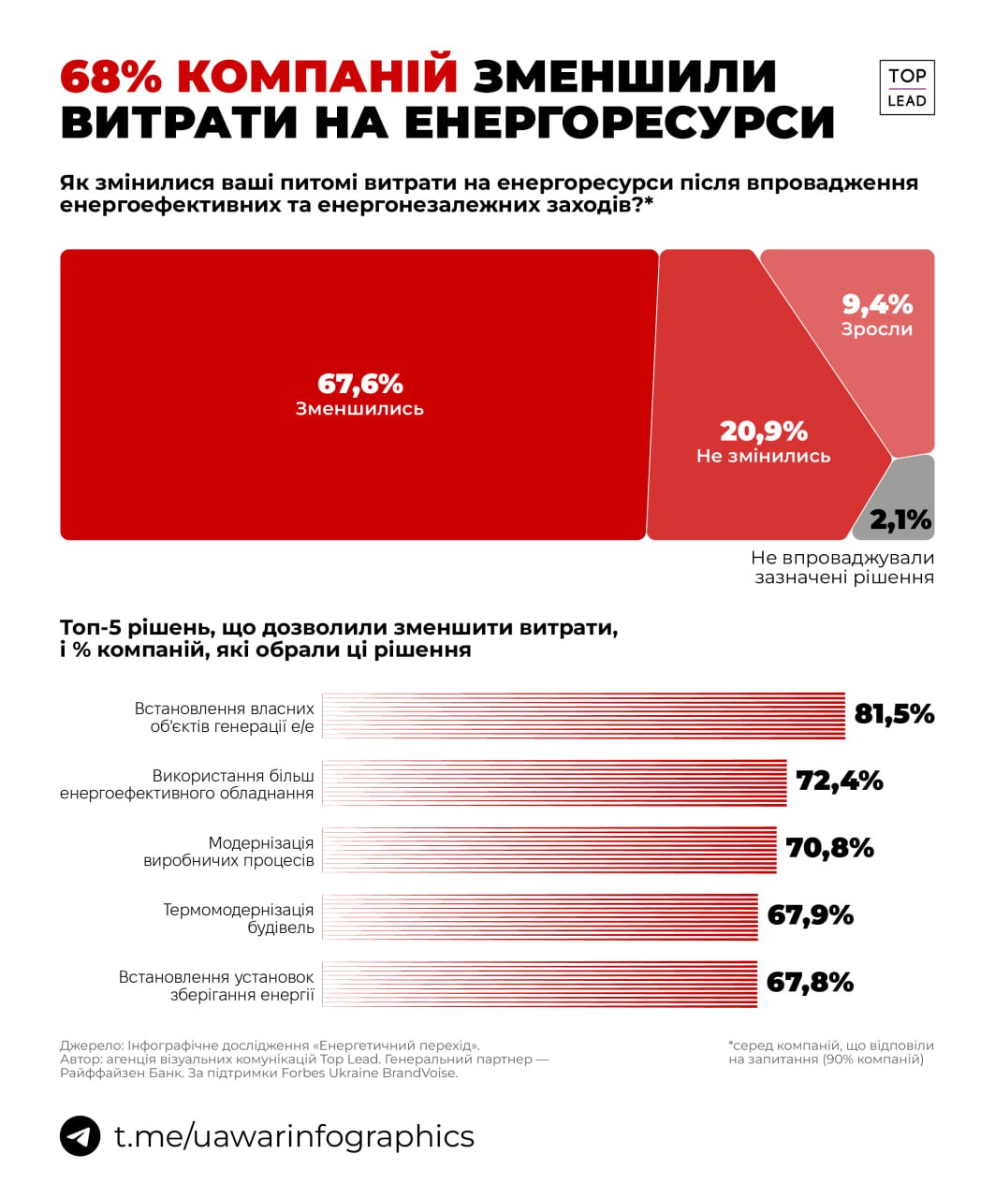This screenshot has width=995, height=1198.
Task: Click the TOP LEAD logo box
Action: point(906,87)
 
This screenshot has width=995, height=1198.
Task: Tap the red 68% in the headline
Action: point(111,77)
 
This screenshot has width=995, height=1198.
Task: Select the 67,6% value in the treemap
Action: point(359,384)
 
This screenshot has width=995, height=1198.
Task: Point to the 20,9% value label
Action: point(763,431)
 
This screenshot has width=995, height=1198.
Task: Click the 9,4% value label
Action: point(876,304)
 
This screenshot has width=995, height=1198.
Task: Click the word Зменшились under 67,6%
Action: point(359,409)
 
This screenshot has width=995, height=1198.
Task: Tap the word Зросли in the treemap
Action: point(876,329)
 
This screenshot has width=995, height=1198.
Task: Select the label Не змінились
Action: point(763,456)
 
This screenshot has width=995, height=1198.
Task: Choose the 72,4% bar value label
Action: point(840,781)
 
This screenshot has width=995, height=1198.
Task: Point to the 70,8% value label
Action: point(829,848)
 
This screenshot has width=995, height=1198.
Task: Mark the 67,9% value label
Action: point(810,914)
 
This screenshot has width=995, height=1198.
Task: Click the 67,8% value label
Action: point(810,982)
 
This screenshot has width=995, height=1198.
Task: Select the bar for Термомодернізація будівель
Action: point(539,917)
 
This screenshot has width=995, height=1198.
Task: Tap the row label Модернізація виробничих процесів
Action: point(229,852)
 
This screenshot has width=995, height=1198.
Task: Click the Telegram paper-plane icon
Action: point(80,1136)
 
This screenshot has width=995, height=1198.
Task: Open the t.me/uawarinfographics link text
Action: point(294,1136)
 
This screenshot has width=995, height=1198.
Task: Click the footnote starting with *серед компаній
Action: point(831,1052)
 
